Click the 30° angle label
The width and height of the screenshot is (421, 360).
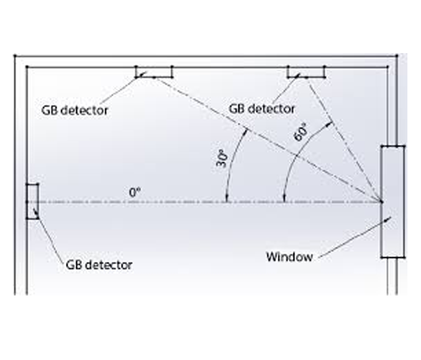coord(222,158)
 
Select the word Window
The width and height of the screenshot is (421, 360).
coord(289,256)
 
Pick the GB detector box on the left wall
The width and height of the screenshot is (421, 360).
coord(32,201)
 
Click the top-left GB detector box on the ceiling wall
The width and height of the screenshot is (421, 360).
coord(153,72)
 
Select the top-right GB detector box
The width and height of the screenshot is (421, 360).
coord(306,72)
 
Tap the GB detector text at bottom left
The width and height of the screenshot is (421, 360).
coord(99,265)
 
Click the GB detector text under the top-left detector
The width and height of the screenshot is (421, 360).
coord(75,110)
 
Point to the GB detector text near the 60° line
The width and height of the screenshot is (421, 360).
coord(262,108)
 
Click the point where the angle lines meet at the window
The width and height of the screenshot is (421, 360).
coord(381,202)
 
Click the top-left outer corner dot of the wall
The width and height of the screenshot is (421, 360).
coord(15,56)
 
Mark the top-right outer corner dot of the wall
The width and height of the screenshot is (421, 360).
coord(397,56)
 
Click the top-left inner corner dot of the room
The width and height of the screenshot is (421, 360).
coord(27,67)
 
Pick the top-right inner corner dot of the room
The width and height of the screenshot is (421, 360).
coord(388,67)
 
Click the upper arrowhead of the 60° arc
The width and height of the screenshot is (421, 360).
coord(328,123)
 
